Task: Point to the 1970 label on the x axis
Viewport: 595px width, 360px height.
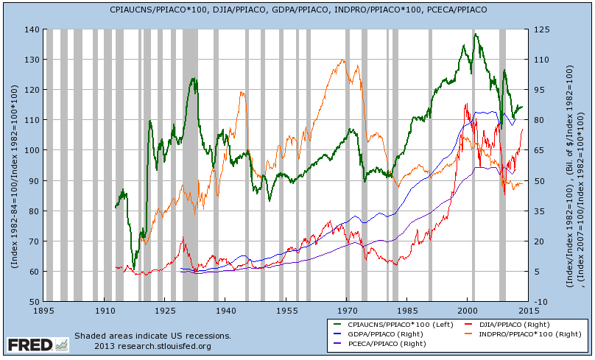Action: [347, 311]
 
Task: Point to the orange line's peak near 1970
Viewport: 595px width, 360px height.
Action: [346, 60]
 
